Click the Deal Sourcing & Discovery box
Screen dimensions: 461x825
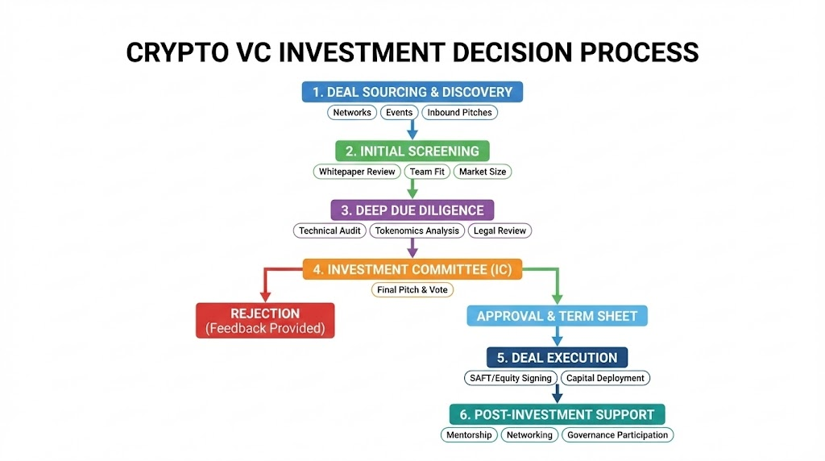pyautogui.click(x=412, y=92)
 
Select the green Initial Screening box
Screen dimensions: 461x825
pyautogui.click(x=412, y=151)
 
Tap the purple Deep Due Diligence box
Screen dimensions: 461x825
pyautogui.click(x=412, y=210)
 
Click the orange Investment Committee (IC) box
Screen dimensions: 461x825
pyautogui.click(x=412, y=269)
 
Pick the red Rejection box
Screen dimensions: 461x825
pyautogui.click(x=265, y=320)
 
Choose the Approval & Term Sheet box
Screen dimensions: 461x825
pyautogui.click(x=557, y=316)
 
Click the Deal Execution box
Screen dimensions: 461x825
pyautogui.click(x=557, y=357)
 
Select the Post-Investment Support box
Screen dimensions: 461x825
pyautogui.click(x=557, y=414)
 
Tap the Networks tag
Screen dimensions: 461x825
pyautogui.click(x=352, y=113)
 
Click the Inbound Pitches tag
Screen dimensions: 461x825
pyautogui.click(x=459, y=113)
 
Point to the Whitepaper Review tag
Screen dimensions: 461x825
pyautogui.click(x=357, y=172)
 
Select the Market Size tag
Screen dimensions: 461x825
pyautogui.click(x=482, y=172)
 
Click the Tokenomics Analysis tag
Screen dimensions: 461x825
pyautogui.click(x=417, y=230)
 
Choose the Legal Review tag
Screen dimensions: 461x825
pyautogui.click(x=500, y=230)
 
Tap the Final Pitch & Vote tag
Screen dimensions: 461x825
pyautogui.click(x=412, y=289)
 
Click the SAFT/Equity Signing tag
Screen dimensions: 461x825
pyautogui.click(x=510, y=378)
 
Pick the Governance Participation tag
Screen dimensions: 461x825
pyautogui.click(x=617, y=434)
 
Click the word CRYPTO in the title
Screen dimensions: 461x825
pyautogui.click(x=173, y=52)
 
